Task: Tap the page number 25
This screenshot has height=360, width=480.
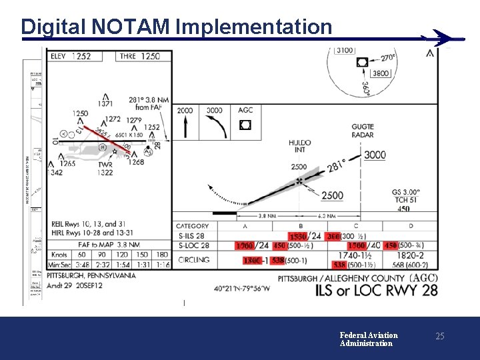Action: [x=439, y=337]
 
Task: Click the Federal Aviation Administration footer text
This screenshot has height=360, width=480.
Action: [x=368, y=339]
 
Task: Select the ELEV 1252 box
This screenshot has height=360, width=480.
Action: [x=71, y=57]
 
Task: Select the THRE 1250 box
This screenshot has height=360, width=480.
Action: [x=140, y=57]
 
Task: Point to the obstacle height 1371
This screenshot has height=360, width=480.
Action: [x=105, y=103]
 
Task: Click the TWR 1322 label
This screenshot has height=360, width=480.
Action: [x=105, y=169]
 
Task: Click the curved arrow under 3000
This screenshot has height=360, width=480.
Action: [x=215, y=127]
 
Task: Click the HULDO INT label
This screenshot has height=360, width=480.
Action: [x=300, y=146]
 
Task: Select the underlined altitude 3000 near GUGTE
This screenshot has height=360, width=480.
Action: [x=375, y=155]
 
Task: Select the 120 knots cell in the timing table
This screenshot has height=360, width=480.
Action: [x=122, y=255]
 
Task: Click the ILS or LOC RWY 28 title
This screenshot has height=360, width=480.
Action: [x=376, y=290]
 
